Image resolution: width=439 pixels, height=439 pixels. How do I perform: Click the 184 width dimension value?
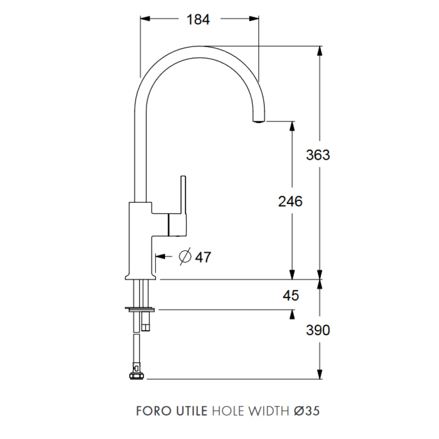click(198, 20)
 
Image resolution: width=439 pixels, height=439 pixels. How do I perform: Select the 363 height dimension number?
click(318, 155)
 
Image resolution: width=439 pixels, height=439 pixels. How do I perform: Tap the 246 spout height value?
click(290, 202)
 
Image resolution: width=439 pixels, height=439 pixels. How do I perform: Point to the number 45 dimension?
click(291, 295)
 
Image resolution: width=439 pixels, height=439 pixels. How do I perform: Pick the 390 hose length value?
click(318, 330)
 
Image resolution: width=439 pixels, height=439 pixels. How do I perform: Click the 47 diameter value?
click(203, 257)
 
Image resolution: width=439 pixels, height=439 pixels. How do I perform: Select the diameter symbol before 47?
click(185, 256)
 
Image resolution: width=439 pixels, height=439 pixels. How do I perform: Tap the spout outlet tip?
click(259, 121)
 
